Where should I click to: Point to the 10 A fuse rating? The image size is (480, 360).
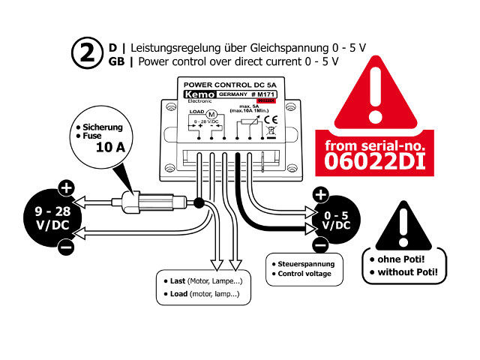110,147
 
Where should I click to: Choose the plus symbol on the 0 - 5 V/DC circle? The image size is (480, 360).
320,196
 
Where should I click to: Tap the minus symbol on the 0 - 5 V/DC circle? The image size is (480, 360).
320,244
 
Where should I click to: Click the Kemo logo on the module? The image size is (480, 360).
195,97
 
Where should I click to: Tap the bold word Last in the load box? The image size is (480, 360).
178,280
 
